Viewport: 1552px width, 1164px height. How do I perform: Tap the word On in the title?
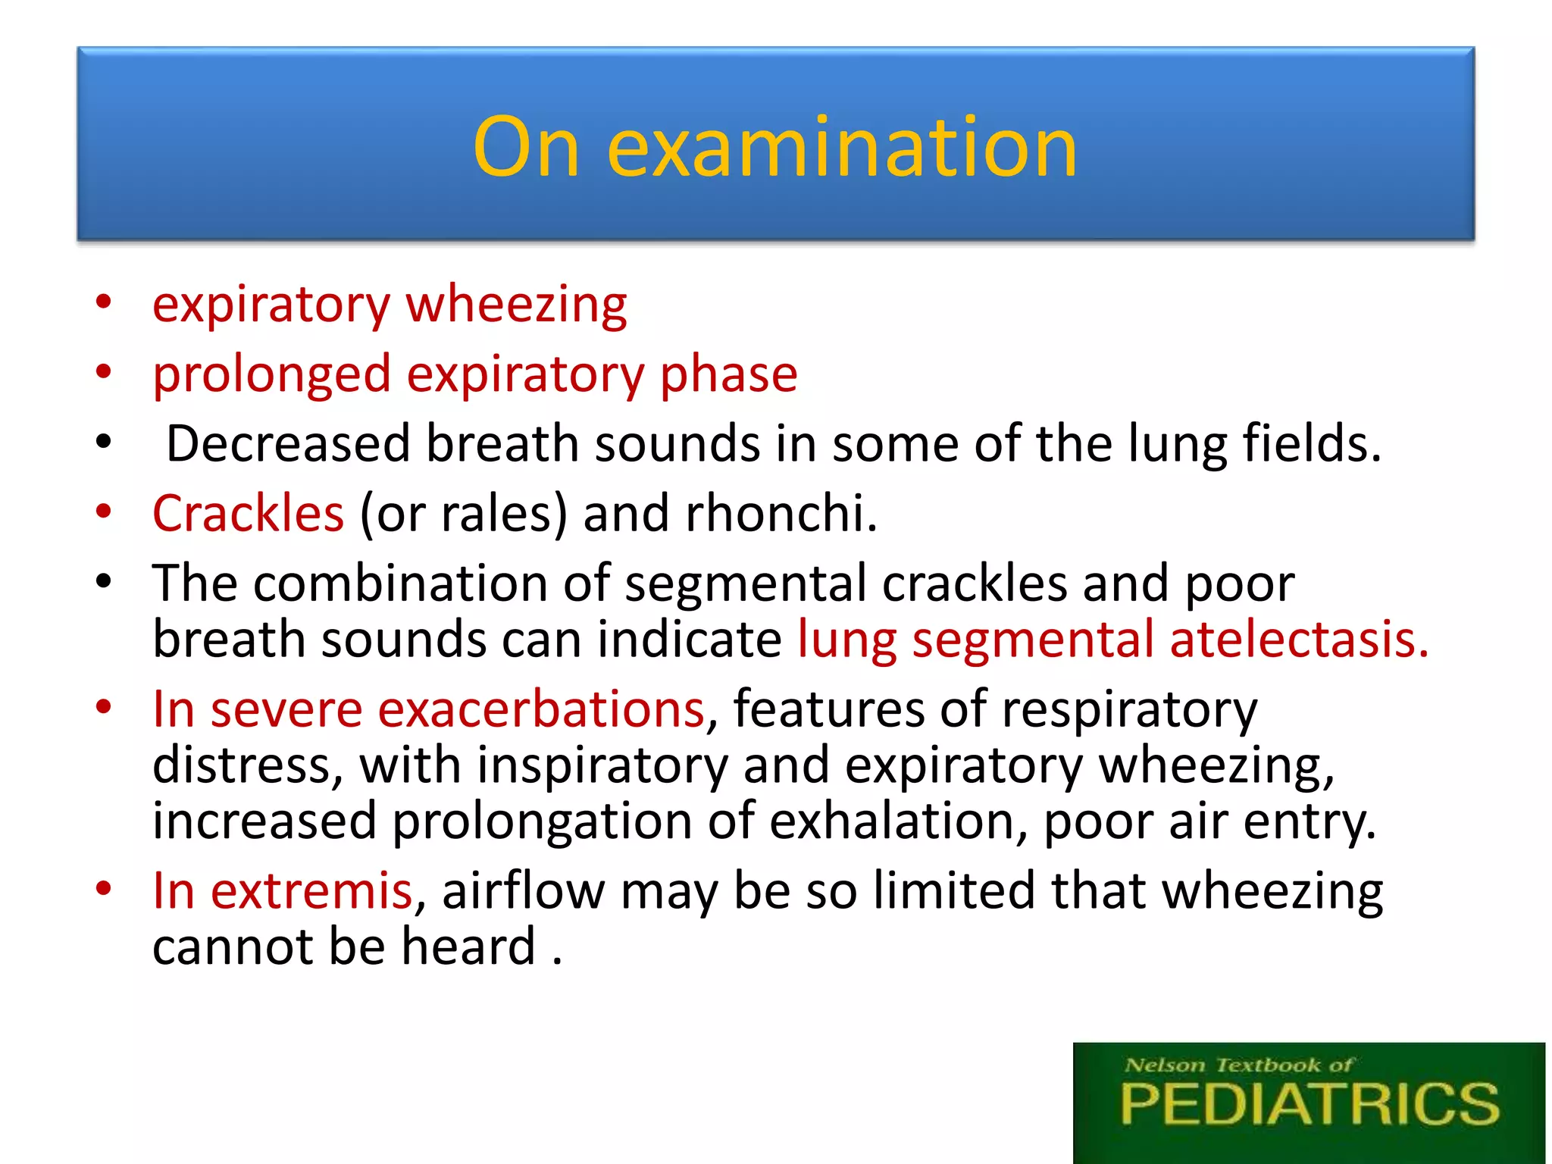527,148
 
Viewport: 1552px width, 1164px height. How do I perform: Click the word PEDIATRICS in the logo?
1309,1105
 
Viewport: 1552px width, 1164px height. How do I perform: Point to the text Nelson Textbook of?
1238,1065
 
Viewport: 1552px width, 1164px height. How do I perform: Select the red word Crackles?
249,514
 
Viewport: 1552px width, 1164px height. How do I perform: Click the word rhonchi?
781,514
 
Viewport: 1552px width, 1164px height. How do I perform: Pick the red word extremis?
311,891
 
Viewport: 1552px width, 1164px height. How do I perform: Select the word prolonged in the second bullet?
271,374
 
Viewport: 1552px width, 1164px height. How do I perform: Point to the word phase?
728,374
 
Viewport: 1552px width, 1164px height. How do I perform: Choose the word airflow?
523,891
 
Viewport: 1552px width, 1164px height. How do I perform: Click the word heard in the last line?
468,947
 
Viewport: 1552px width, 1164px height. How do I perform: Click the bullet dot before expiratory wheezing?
104,302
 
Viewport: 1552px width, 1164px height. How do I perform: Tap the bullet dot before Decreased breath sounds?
104,442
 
